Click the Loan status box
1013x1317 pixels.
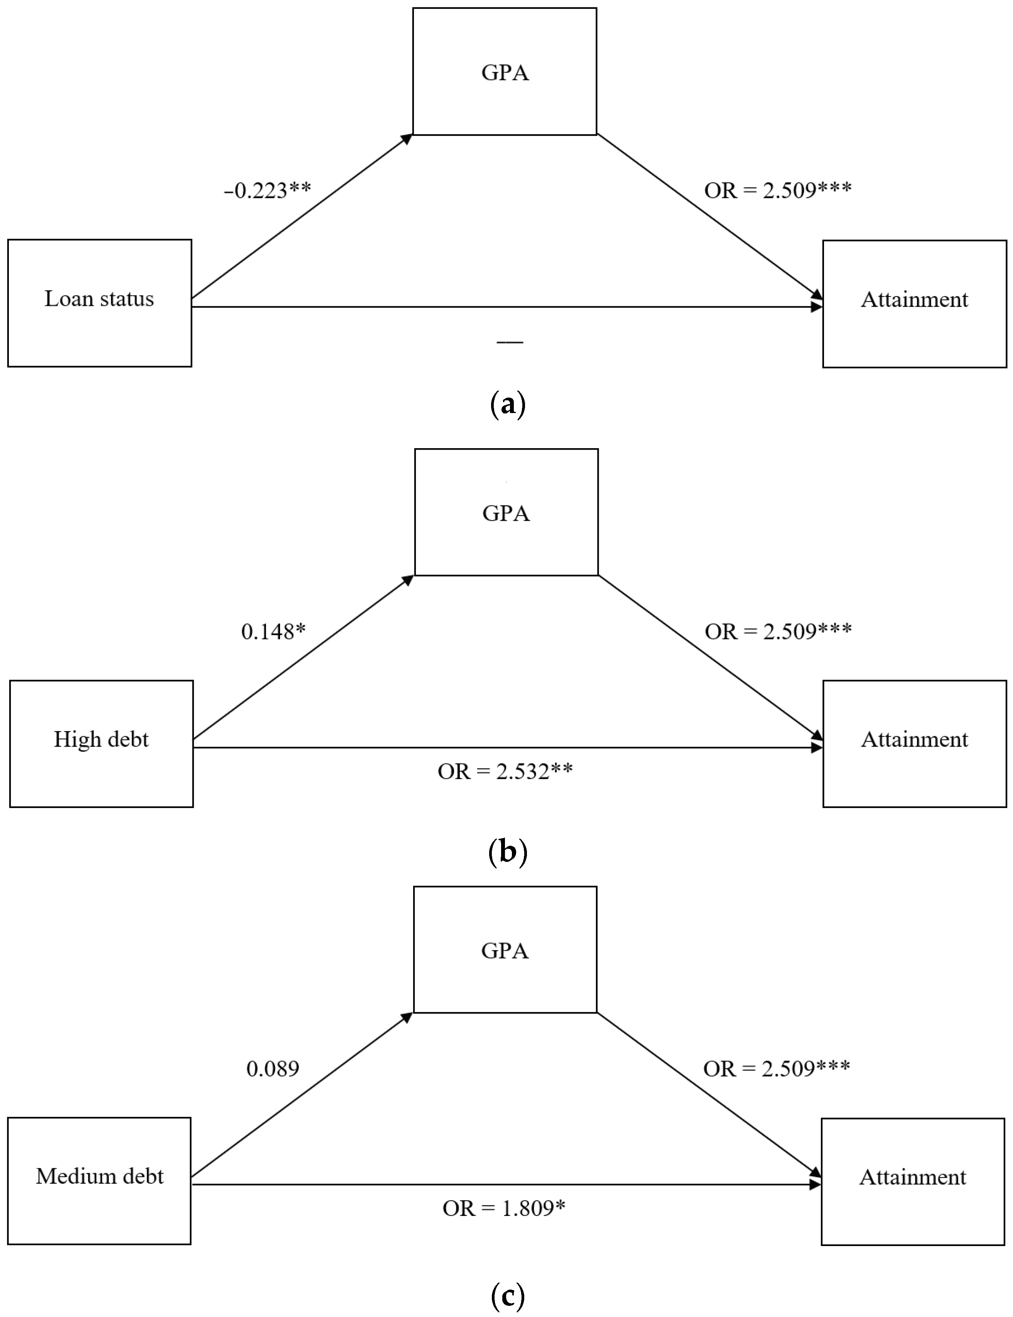[x=100, y=303]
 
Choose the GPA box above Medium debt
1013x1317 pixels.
[x=505, y=949]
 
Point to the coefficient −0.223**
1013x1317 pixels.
[x=267, y=191]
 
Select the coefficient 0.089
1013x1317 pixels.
[x=273, y=1069]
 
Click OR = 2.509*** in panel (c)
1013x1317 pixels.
[x=777, y=1069]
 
